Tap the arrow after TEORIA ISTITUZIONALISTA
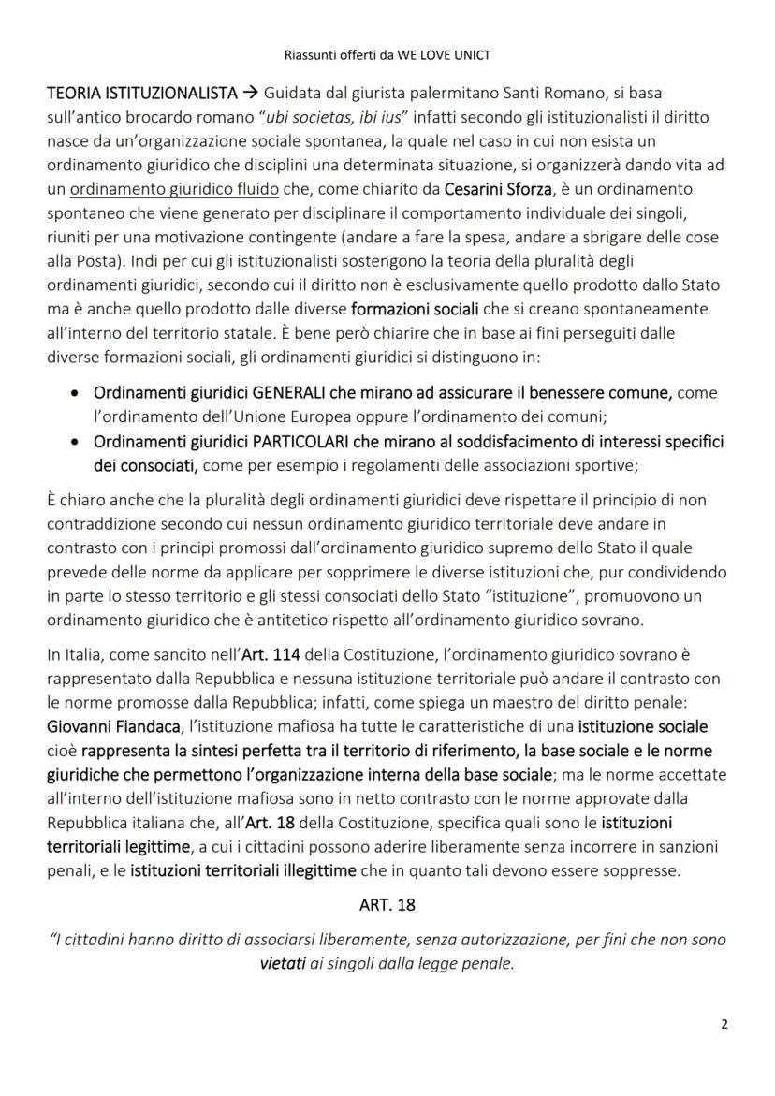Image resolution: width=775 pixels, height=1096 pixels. [x=251, y=94]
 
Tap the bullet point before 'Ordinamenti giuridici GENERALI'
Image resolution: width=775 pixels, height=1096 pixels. [x=75, y=395]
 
